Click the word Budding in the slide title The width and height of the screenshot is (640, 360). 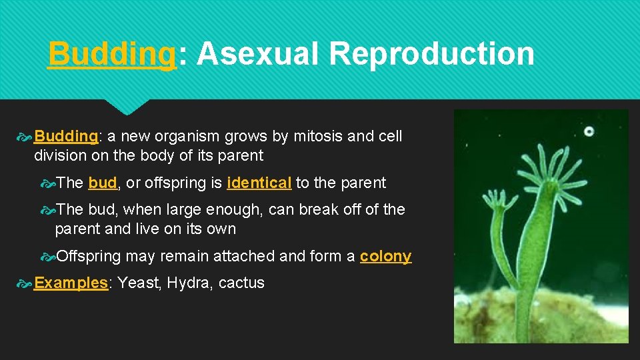pyautogui.click(x=111, y=54)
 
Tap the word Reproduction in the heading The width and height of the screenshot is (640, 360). pyautogui.click(x=431, y=54)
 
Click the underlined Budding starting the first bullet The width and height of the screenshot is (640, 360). pyautogui.click(x=66, y=137)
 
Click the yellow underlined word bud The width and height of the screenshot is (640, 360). pyautogui.click(x=102, y=183)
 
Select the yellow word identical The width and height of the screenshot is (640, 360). pyautogui.click(x=259, y=183)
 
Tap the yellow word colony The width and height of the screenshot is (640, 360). pyautogui.click(x=385, y=257)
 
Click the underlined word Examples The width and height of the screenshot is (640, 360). pyautogui.click(x=71, y=283)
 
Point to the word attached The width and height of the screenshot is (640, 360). pyautogui.click(x=247, y=257)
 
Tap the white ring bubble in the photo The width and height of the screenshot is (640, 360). pyautogui.click(x=589, y=131)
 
